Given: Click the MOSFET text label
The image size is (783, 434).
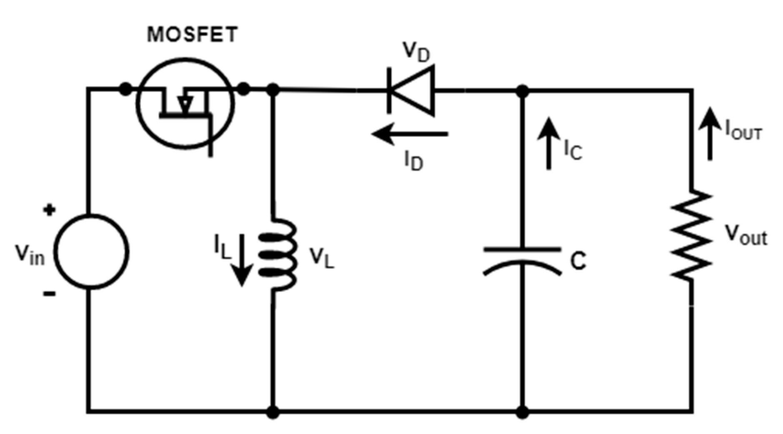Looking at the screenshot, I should (x=192, y=35).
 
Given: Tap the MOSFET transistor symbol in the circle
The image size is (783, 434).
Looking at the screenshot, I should (x=185, y=104).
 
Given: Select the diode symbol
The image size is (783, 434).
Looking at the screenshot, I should (x=410, y=90).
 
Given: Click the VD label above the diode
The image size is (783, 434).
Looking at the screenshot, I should (x=416, y=52).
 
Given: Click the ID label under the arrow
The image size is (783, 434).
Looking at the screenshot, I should (x=413, y=160).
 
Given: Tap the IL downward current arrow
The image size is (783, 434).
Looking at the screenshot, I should (x=242, y=260).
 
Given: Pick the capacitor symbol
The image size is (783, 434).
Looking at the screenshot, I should (x=522, y=260).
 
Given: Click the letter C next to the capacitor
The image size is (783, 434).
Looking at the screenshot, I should (x=578, y=262).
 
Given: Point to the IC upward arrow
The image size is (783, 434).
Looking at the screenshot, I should (x=549, y=144).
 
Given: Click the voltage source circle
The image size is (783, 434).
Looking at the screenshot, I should (x=91, y=252).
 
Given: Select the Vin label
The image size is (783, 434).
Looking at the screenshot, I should (x=29, y=254).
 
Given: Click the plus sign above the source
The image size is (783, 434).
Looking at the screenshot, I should (x=50, y=210).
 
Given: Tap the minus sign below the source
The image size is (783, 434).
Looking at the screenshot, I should (x=49, y=294).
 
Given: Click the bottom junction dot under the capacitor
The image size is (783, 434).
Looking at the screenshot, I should (x=522, y=412).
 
